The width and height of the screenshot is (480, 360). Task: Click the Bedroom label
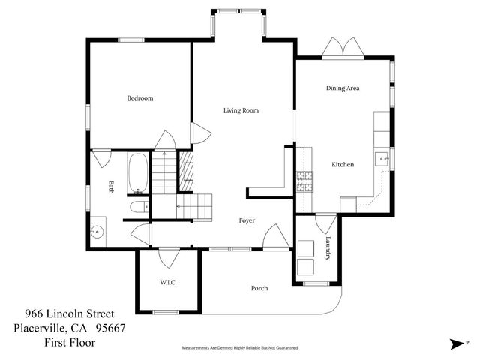tap(139, 98)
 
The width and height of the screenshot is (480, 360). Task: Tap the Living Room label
tap(241, 110)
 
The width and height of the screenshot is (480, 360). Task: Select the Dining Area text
tap(343, 88)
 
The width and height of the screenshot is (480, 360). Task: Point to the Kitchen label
tap(343, 164)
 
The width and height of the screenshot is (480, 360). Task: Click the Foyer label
tap(247, 221)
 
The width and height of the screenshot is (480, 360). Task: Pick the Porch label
tap(259, 288)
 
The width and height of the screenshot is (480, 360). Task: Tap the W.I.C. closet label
tap(168, 282)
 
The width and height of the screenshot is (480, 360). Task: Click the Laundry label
tap(328, 249)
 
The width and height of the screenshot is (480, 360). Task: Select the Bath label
tap(110, 187)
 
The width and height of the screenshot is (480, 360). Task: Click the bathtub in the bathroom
tap(138, 173)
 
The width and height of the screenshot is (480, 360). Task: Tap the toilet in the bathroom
tap(138, 207)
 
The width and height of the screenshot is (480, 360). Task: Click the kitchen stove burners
tap(304, 181)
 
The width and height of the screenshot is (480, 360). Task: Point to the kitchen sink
tap(381, 158)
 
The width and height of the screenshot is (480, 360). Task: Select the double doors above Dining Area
tap(343, 48)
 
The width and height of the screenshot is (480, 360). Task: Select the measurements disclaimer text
tap(240, 348)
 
